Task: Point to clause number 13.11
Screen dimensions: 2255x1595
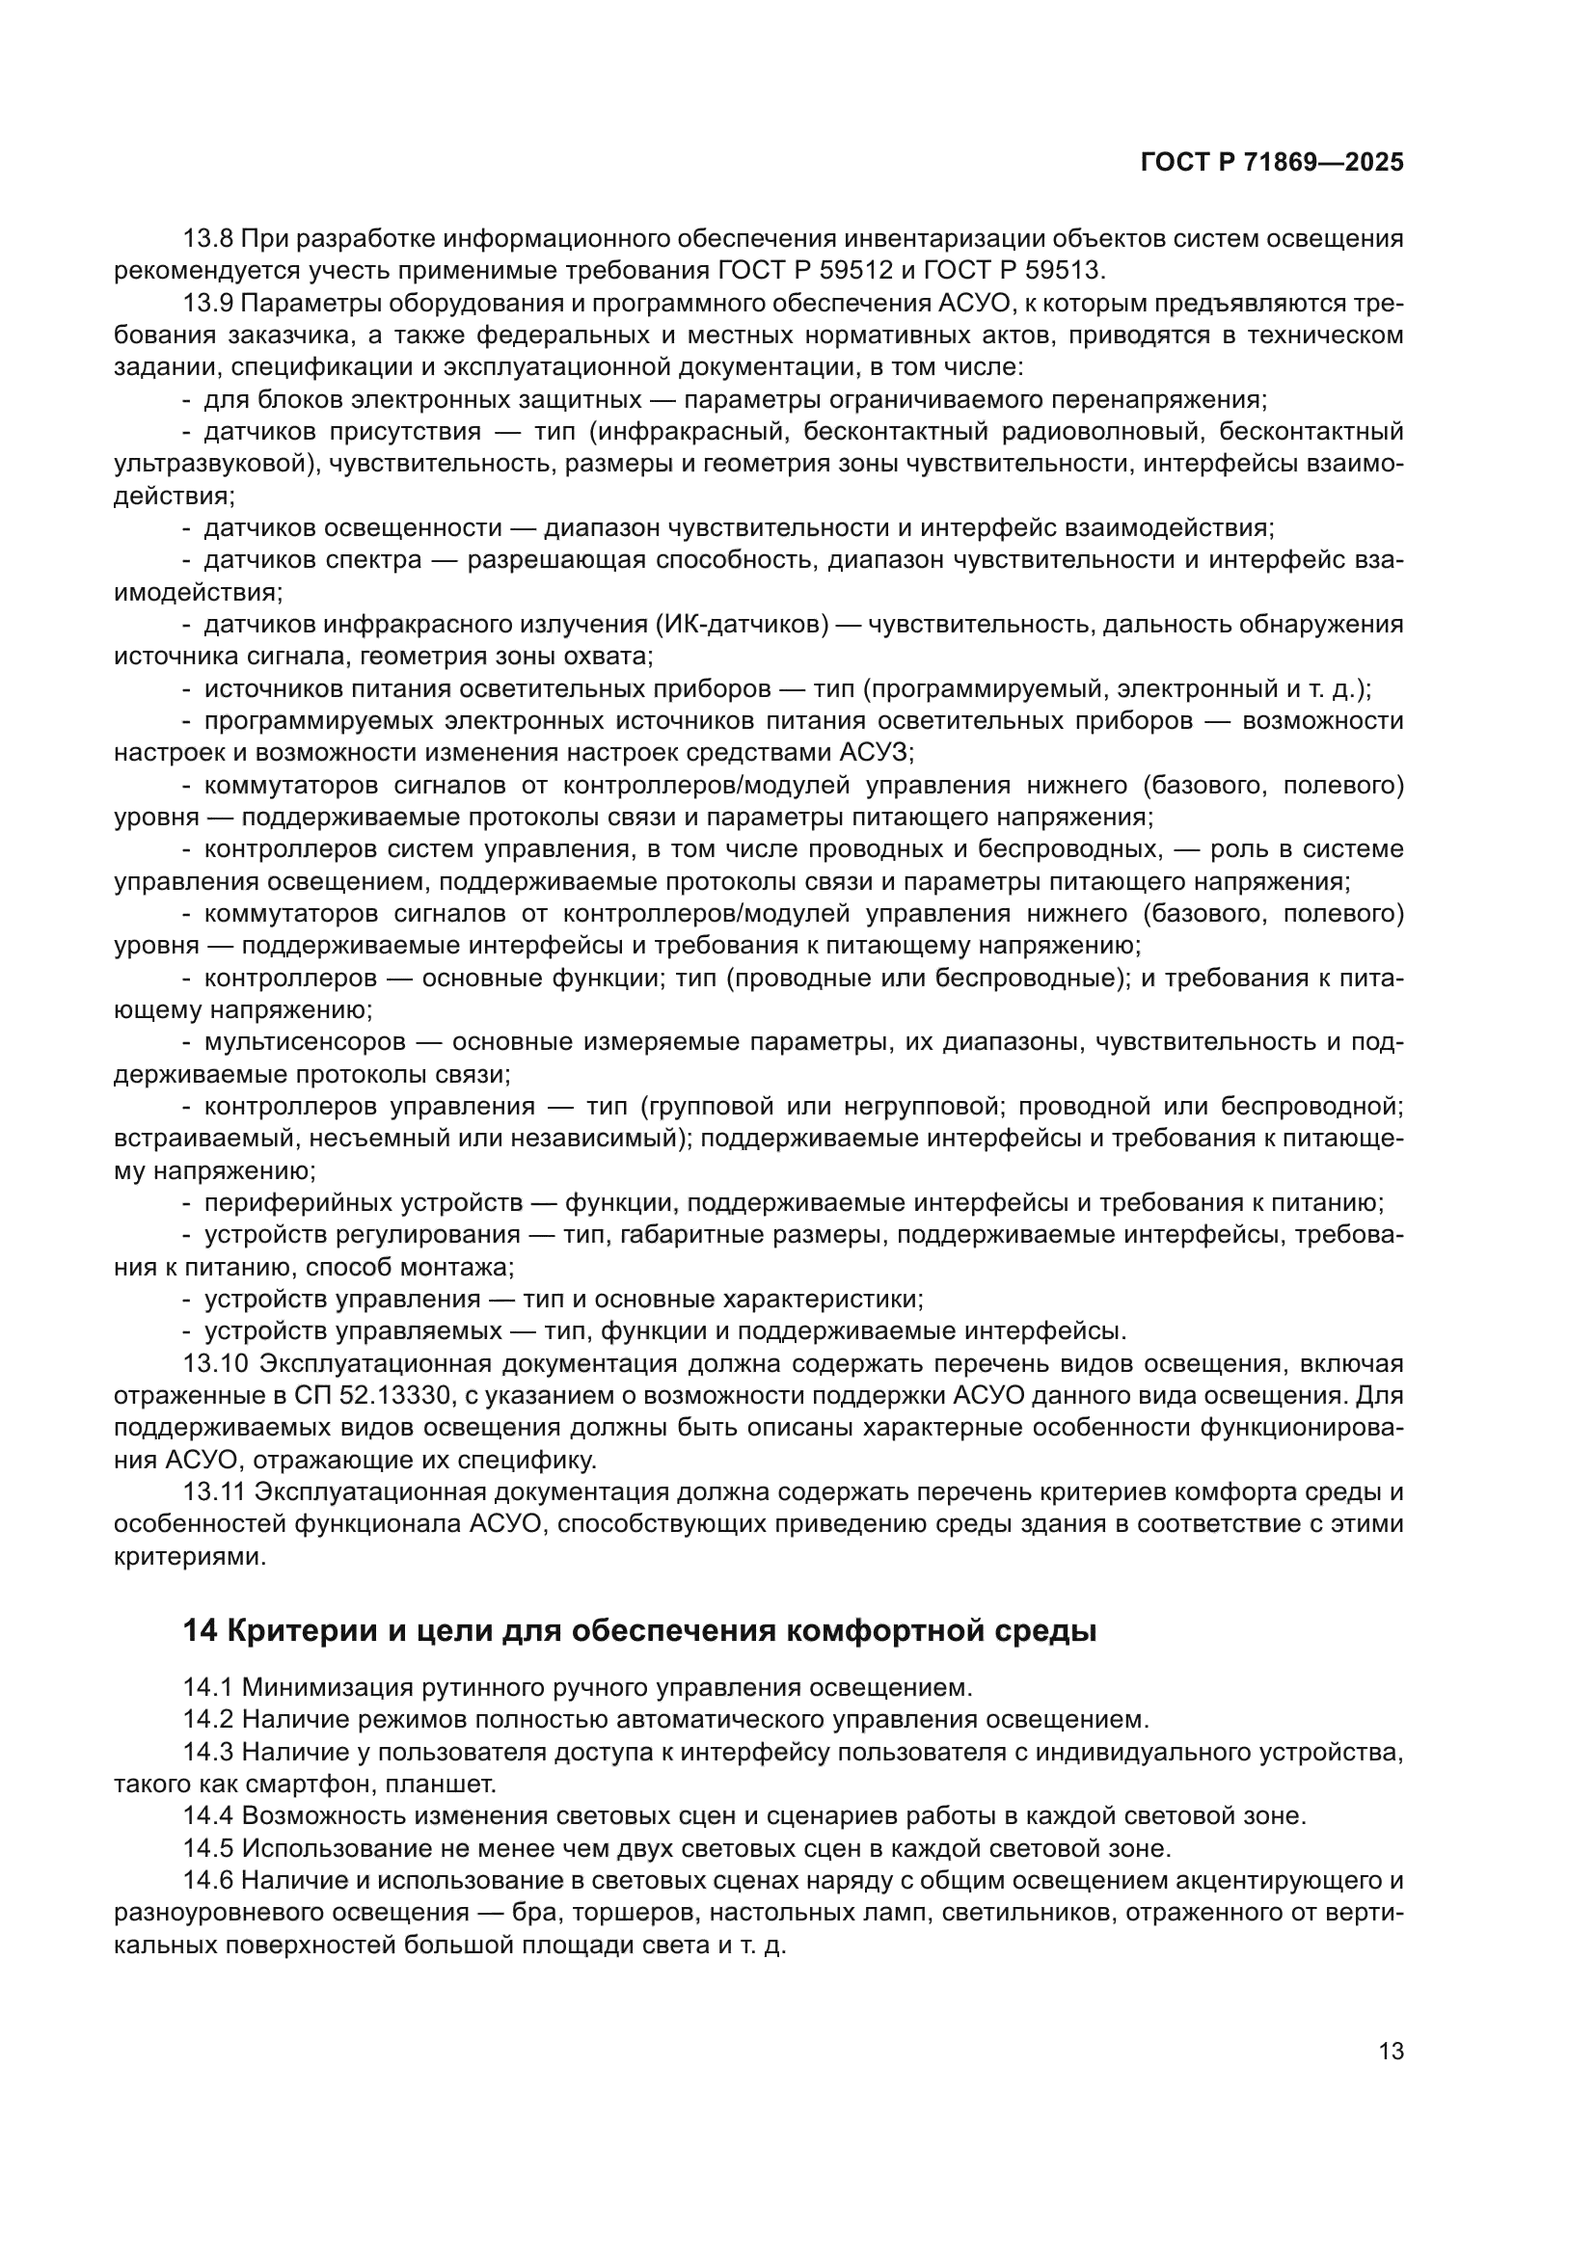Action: tap(213, 1491)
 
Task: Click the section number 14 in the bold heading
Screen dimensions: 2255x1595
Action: tap(200, 1631)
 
